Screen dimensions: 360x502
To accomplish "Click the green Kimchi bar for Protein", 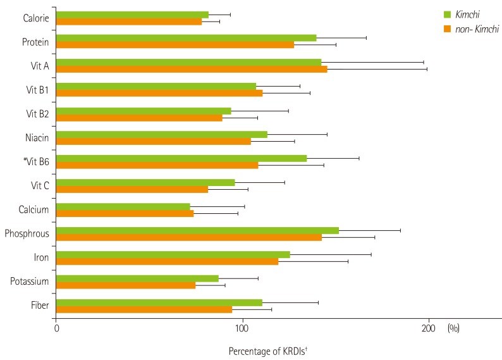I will [x=186, y=38].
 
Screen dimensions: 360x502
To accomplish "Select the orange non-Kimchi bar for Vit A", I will [x=192, y=68].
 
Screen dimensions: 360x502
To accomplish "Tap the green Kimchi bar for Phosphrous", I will [x=197, y=230].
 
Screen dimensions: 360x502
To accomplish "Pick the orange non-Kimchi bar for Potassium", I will [x=126, y=285].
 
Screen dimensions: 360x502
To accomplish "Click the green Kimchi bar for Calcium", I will [x=123, y=206].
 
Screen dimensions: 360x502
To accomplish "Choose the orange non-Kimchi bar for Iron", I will [x=167, y=261].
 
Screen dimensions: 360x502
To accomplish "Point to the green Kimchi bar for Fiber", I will [x=159, y=303].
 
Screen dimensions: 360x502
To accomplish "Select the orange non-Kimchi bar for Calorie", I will [x=129, y=22].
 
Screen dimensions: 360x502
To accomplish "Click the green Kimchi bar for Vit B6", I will [x=181, y=158].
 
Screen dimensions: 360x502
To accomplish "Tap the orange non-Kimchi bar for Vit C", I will [x=132, y=189].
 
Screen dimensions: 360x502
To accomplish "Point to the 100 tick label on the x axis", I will [x=242, y=329].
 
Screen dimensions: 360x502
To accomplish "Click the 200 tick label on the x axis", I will [x=428, y=329].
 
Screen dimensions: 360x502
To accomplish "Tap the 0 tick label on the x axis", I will [x=56, y=329].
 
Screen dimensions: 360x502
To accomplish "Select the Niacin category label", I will [x=38, y=137].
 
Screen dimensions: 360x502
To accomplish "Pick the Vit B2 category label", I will [x=37, y=113].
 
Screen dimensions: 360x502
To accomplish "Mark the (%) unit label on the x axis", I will [x=454, y=329].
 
